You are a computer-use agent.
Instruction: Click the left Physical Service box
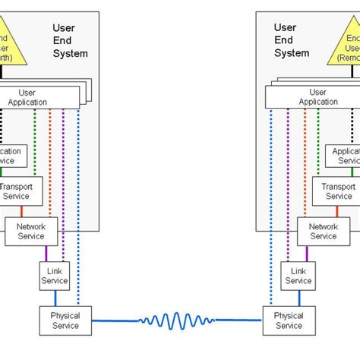pyautogui.click(x=65, y=321)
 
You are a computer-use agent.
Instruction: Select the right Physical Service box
pyautogui.click(x=289, y=321)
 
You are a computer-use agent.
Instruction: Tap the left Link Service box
pyautogui.click(x=55, y=275)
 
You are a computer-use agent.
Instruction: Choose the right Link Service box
pyautogui.click(x=298, y=275)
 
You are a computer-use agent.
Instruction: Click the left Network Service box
pyautogui.click(x=31, y=231)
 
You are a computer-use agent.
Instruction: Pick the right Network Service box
pyautogui.click(x=324, y=231)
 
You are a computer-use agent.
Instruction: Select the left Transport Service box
pyautogui.click(x=26, y=191)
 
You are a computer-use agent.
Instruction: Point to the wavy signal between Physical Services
pyautogui.click(x=177, y=321)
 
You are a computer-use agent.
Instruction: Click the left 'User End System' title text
pyautogui.click(x=70, y=41)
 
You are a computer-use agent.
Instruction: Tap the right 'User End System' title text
pyautogui.click(x=292, y=41)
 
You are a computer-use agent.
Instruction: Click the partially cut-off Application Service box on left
pyautogui.click(x=14, y=156)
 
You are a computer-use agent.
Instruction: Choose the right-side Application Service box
pyautogui.click(x=343, y=156)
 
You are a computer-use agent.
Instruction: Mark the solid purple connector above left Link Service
pyautogui.click(x=46, y=253)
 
